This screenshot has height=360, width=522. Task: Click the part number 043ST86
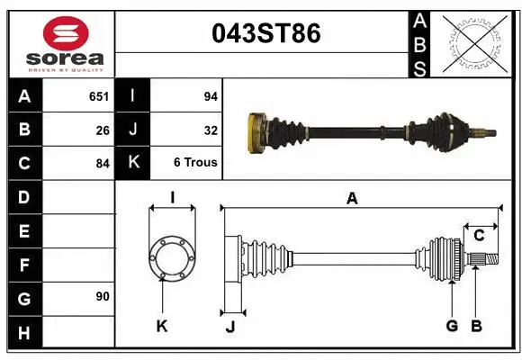265,34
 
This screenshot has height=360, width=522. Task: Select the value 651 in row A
98,95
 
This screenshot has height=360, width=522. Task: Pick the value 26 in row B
103,130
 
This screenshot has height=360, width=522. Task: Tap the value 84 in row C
103,164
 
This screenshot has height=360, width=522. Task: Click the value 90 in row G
102,296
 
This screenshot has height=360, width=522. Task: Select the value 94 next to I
211,95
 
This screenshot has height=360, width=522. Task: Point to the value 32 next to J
211,130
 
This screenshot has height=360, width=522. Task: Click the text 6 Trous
195,163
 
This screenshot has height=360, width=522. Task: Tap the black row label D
23,197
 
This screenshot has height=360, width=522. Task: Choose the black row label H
23,333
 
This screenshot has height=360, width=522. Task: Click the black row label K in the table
133,163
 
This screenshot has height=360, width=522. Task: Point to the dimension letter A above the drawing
352,199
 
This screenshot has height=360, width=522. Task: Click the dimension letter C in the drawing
479,236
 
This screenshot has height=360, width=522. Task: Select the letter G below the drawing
452,326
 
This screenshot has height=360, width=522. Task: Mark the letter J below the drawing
229,327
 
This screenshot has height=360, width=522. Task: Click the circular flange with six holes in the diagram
171,258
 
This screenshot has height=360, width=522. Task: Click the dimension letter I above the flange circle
171,196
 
